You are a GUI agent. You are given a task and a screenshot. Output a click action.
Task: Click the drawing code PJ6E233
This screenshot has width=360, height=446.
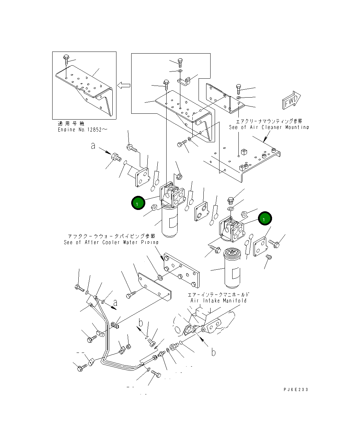(295, 389)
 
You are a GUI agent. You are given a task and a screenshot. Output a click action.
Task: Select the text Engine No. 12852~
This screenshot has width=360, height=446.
(82, 130)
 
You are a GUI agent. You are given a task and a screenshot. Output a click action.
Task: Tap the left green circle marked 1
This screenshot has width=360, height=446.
(138, 203)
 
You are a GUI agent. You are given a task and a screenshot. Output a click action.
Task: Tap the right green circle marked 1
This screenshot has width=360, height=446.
(265, 219)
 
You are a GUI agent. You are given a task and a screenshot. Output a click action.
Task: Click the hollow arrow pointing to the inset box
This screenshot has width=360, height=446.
(124, 85)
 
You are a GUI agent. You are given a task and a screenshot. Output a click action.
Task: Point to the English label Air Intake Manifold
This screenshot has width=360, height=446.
(218, 300)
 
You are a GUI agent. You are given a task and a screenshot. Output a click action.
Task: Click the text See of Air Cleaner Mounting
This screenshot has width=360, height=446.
(269, 127)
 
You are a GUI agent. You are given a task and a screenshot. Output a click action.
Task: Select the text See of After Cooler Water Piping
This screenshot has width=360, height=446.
(111, 242)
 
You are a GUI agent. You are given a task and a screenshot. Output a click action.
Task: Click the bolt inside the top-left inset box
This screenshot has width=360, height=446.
(66, 60)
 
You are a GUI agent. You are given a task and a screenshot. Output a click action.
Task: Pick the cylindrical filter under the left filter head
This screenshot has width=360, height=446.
(170, 222)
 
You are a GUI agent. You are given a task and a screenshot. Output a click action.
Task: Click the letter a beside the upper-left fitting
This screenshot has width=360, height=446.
(93, 146)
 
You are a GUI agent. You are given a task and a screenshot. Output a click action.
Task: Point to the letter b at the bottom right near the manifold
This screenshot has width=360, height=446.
(213, 352)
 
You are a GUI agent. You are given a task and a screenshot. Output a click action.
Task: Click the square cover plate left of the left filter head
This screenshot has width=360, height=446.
(142, 177)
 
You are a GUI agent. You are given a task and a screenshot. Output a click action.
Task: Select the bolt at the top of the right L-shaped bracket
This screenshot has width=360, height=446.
(239, 89)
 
